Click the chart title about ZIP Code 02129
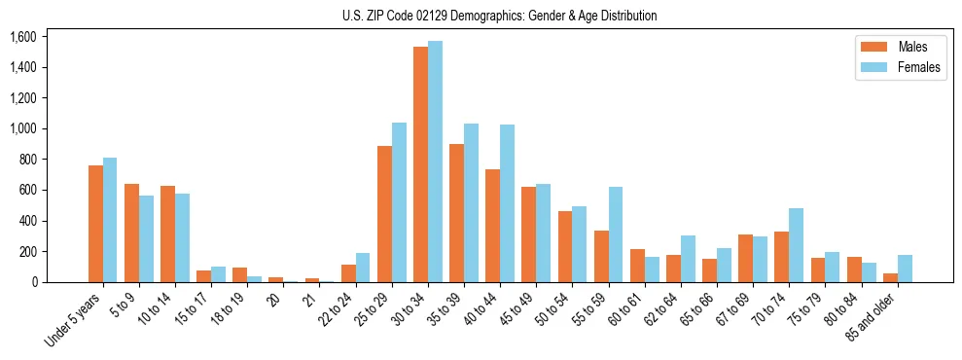click(500, 16)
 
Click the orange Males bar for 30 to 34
click(420, 164)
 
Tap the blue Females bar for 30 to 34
click(435, 162)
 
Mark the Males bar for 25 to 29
click(384, 214)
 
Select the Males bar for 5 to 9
click(131, 233)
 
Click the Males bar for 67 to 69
click(745, 258)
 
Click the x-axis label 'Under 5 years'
click(72, 321)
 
